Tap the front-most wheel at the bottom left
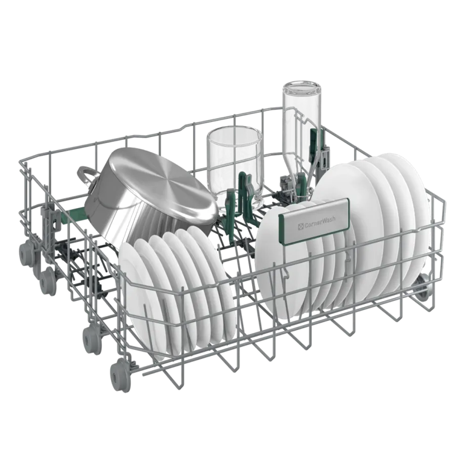[119, 375]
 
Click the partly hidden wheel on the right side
[421, 288]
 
